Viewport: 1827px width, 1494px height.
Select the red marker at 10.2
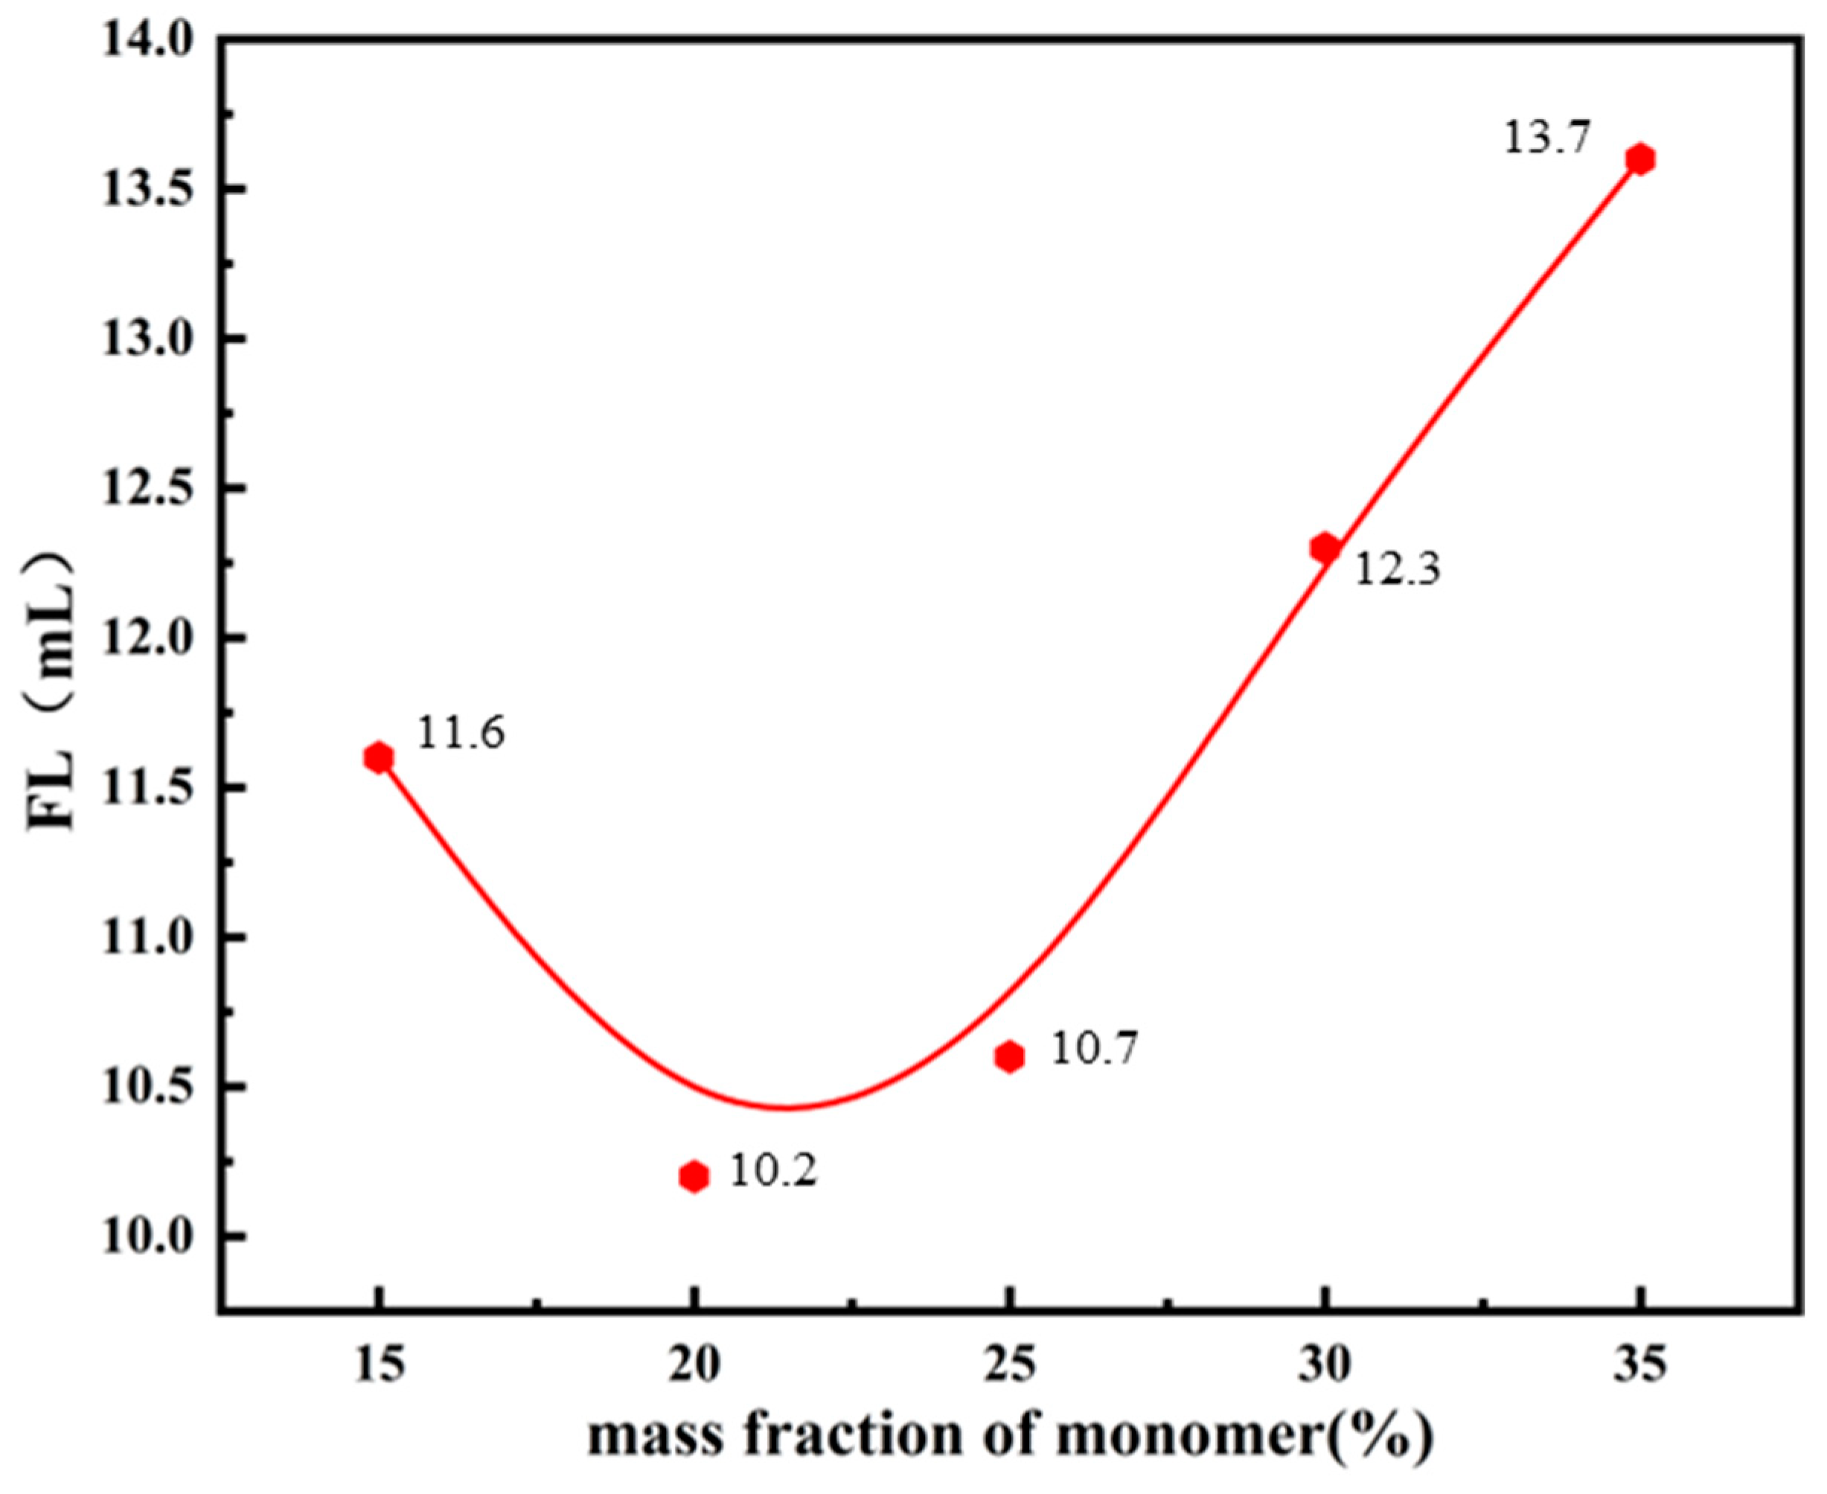pos(694,1176)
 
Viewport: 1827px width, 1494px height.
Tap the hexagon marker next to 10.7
pos(1009,1056)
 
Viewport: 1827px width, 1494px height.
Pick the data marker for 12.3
pos(1325,548)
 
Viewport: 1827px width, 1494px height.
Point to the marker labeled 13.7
pos(1641,159)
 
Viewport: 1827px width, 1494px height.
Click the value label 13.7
pos(1546,138)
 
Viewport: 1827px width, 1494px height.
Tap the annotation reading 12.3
pos(1398,569)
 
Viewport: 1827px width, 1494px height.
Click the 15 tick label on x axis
pos(379,1367)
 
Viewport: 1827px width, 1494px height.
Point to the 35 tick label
pos(1641,1367)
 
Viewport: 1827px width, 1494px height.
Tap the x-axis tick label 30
pos(1325,1367)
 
